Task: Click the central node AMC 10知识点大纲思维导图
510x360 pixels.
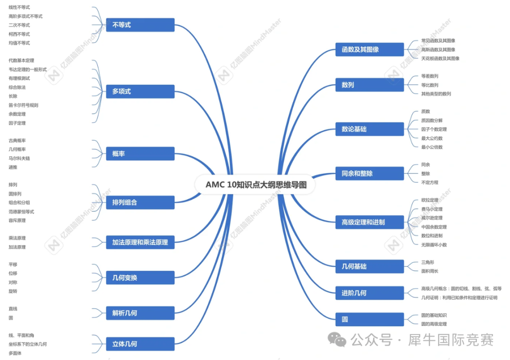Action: click(255, 185)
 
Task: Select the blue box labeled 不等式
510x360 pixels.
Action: click(140, 25)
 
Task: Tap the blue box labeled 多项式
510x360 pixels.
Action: click(140, 92)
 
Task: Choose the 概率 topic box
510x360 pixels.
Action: click(140, 154)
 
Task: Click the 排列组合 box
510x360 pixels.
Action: click(140, 203)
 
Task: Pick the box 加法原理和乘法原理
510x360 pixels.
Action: click(140, 242)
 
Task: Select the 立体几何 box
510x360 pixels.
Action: click(140, 344)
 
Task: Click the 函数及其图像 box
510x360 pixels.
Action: click(369, 50)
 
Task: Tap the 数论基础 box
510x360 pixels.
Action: click(369, 129)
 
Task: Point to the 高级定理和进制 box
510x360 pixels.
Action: click(369, 223)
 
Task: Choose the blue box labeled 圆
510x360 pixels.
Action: click(369, 319)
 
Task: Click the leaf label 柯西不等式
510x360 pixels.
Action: click(19, 34)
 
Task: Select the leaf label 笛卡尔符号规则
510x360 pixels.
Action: click(24, 105)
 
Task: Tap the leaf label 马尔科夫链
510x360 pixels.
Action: click(19, 159)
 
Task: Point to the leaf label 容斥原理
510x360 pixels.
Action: click(17, 220)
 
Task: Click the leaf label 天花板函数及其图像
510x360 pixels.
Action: click(441, 59)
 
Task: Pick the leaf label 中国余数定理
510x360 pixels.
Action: click(434, 227)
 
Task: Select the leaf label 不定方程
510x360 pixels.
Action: click(430, 183)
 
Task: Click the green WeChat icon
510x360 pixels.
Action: click(337, 340)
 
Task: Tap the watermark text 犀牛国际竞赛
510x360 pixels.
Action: click(451, 340)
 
